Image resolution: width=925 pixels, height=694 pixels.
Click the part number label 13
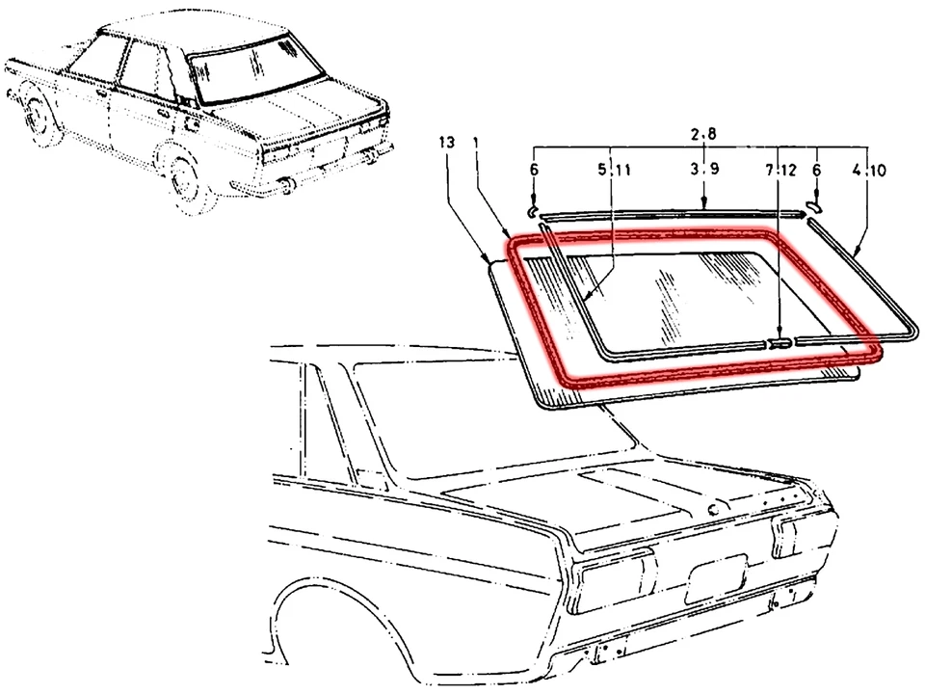pyautogui.click(x=445, y=143)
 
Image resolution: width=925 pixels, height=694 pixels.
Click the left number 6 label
pyautogui.click(x=535, y=171)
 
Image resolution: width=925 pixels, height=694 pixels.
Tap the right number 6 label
pyautogui.click(x=817, y=171)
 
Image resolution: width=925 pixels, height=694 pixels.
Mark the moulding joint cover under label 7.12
pyautogui.click(x=780, y=341)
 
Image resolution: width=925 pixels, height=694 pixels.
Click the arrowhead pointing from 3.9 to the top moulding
pyautogui.click(x=704, y=204)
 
